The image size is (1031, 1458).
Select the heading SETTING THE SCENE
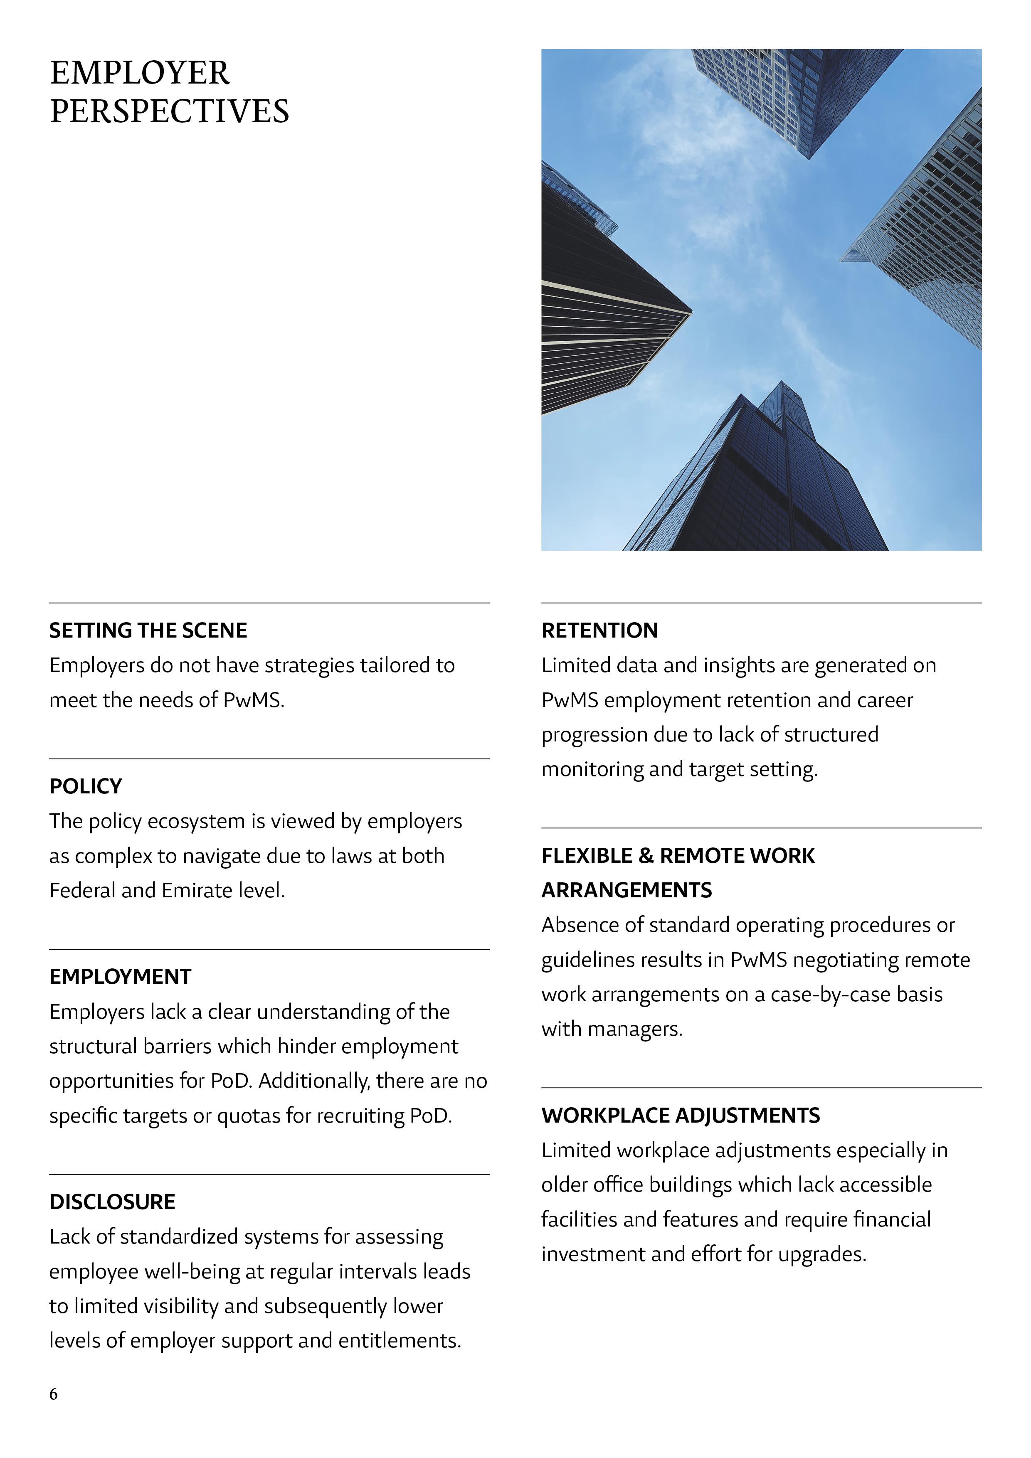click(148, 630)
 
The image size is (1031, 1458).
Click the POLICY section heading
click(86, 786)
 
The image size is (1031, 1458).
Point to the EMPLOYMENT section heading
click(120, 977)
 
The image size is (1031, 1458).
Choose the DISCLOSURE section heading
click(112, 1202)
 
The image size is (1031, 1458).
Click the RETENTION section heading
click(599, 630)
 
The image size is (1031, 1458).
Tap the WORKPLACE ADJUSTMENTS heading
click(681, 1116)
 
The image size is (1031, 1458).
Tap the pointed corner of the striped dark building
click(691, 311)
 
